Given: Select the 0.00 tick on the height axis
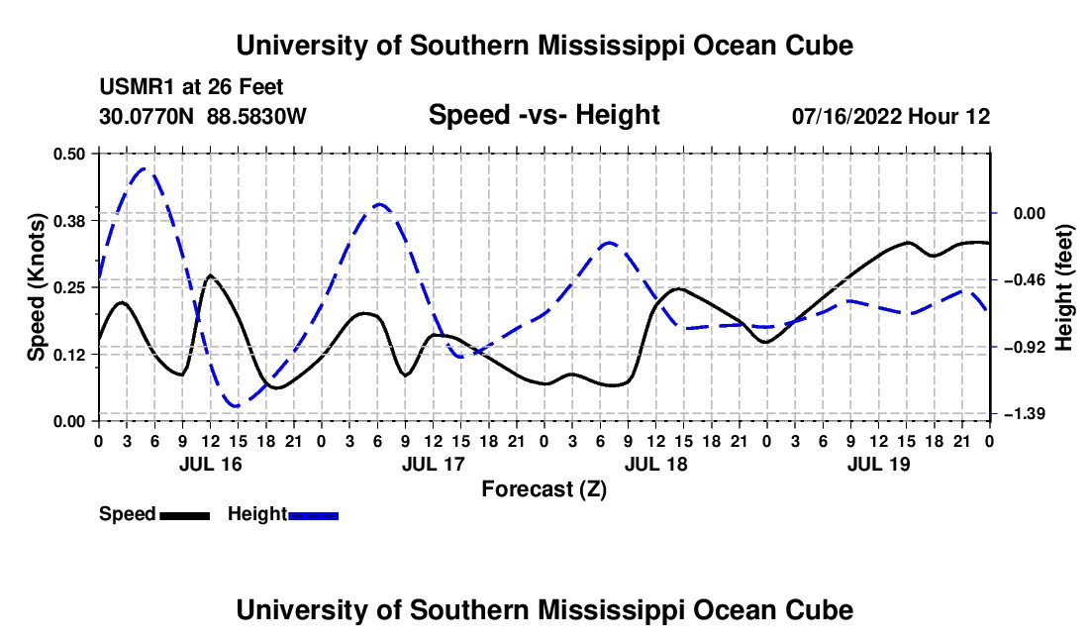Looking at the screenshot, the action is tap(1030, 213).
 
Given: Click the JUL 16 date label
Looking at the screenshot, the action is tap(211, 464).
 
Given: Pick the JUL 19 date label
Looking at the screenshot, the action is tap(878, 464).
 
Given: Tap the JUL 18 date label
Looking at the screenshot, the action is tap(655, 464).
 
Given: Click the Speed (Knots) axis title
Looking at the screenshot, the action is tap(36, 287).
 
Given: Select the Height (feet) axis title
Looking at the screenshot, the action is tap(1064, 287).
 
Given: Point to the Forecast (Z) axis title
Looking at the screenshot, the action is tap(544, 489).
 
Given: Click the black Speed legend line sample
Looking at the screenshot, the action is tap(184, 515).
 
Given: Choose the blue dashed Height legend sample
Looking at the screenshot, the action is tap(313, 515).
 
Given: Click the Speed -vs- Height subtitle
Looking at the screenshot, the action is tap(544, 115).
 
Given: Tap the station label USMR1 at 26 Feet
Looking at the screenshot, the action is tap(191, 87).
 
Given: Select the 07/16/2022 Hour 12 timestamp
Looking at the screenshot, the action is tap(891, 116).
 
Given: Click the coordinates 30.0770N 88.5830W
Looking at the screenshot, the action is tap(202, 116).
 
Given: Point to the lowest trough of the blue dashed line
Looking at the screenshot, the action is tap(236, 405).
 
